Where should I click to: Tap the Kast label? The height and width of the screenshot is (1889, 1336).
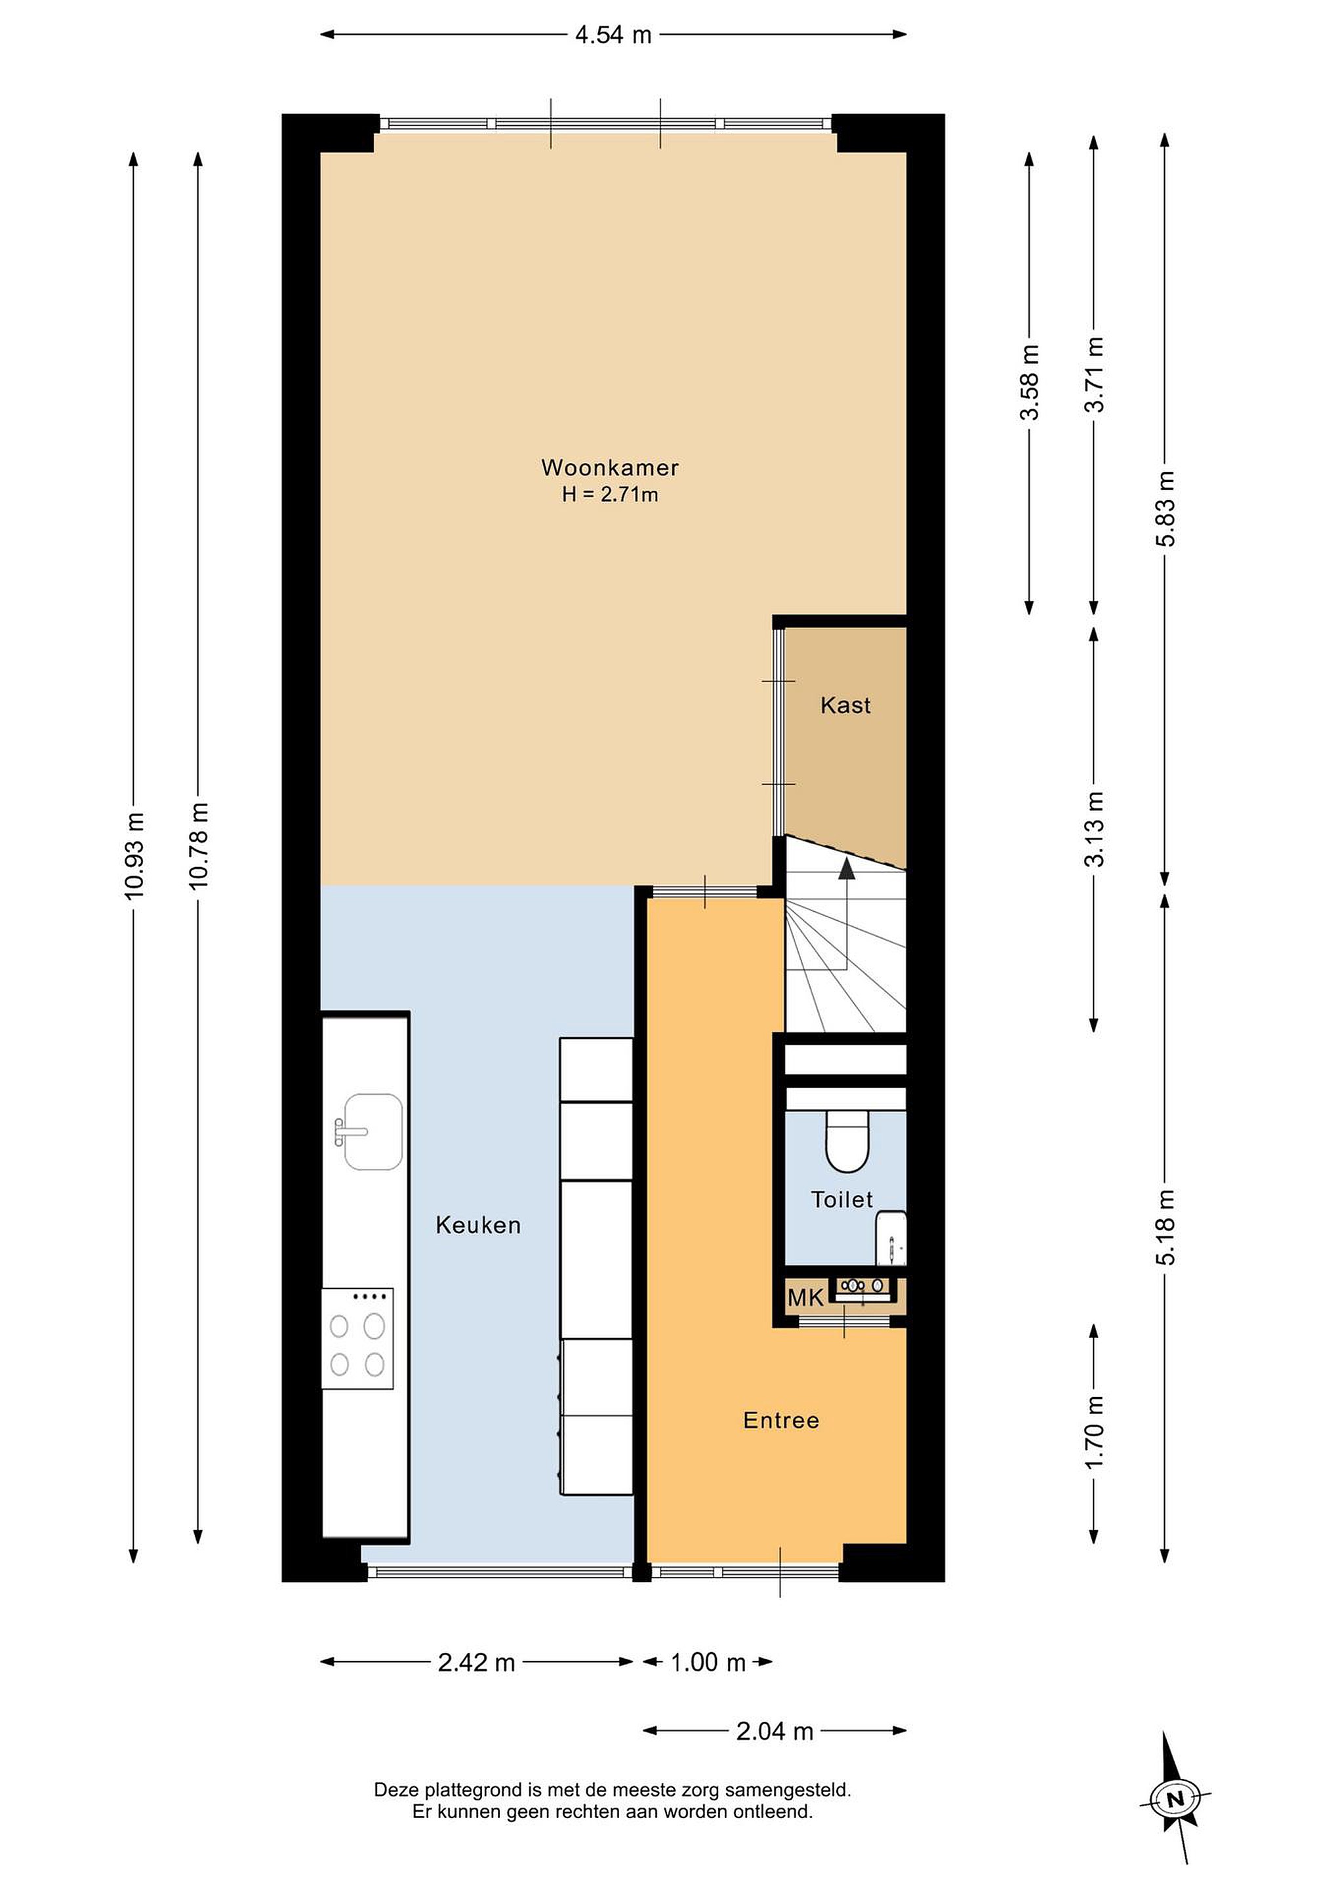pyautogui.click(x=845, y=705)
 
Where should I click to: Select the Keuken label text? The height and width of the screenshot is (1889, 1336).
pyautogui.click(x=478, y=1225)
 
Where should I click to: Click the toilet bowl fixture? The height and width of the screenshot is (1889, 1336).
pyautogui.click(x=847, y=1141)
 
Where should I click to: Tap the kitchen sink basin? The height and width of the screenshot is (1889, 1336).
pyautogui.click(x=372, y=1131)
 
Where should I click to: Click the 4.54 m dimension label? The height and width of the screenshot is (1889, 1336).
pyautogui.click(x=613, y=35)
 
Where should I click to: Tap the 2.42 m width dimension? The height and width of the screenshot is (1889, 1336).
pyautogui.click(x=476, y=1663)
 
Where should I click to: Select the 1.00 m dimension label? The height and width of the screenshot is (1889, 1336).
pyautogui.click(x=708, y=1663)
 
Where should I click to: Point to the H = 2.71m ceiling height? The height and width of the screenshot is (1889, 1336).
pyautogui.click(x=609, y=495)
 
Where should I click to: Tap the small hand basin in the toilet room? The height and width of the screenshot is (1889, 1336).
pyautogui.click(x=891, y=1238)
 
